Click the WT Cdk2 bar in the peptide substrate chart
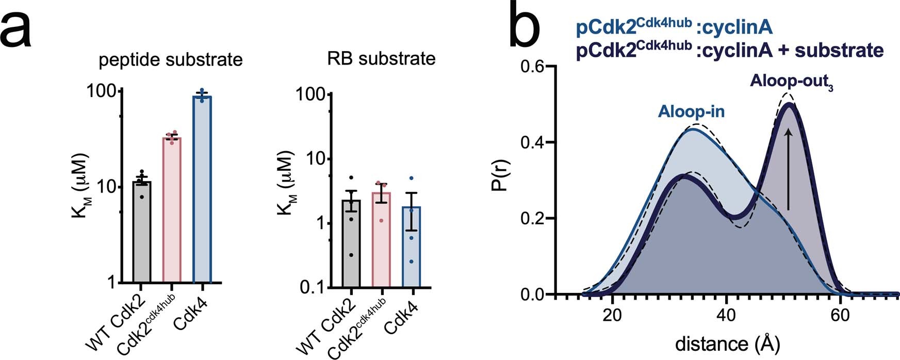[142, 232]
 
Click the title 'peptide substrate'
[171, 60]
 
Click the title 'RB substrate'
[381, 59]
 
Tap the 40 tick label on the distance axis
[726, 315]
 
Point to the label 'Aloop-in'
[691, 112]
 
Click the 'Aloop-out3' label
[791, 81]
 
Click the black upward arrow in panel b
[788, 170]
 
